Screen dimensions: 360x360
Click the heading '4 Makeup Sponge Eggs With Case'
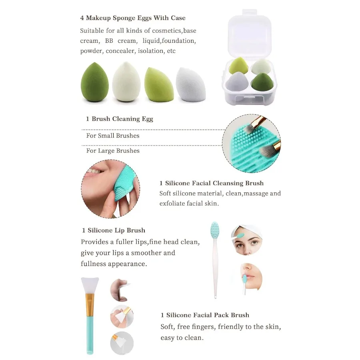pyautogui.click(x=133, y=18)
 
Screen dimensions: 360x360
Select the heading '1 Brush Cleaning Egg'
pyautogui.click(x=120, y=119)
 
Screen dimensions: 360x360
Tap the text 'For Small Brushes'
pyautogui.click(x=113, y=136)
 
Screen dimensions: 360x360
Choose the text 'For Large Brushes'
pyautogui.click(x=113, y=151)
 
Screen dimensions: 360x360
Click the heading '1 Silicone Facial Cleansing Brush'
pyautogui.click(x=212, y=183)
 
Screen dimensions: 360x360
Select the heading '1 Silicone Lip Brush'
pyautogui.click(x=114, y=230)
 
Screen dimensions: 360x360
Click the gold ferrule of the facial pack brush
pyautogui.click(x=90, y=304)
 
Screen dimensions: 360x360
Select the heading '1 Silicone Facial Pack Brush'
pyautogui.click(x=205, y=315)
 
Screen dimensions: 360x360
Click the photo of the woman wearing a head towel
pyautogui.click(x=246, y=240)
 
